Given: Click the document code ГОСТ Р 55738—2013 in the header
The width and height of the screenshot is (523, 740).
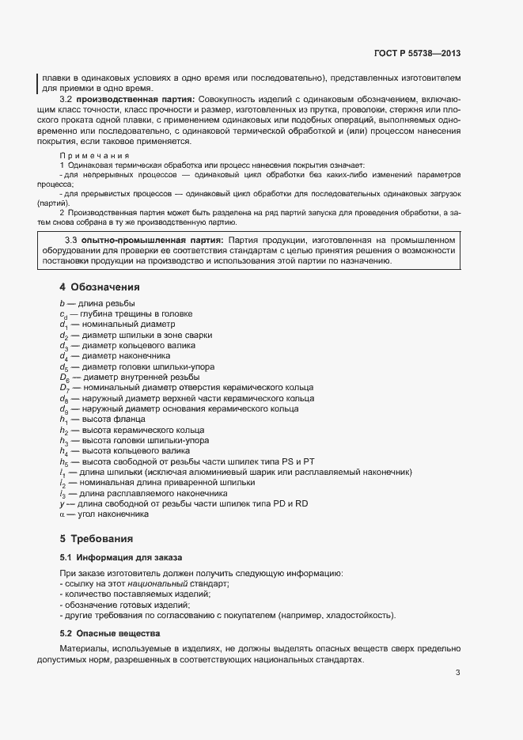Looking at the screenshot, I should [418, 54].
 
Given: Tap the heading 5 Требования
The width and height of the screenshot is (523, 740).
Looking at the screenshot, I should [97, 539].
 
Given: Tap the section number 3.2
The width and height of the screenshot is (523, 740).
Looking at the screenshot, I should [66, 99].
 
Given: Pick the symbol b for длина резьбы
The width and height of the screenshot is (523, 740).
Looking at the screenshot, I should [62, 304].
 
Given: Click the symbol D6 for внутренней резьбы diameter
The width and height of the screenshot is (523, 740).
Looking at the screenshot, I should [64, 378].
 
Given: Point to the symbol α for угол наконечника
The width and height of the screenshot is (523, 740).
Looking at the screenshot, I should [62, 514].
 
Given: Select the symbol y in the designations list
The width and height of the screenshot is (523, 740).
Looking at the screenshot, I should [62, 503].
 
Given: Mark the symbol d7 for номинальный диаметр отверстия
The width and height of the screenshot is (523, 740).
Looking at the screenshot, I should [64, 388].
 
